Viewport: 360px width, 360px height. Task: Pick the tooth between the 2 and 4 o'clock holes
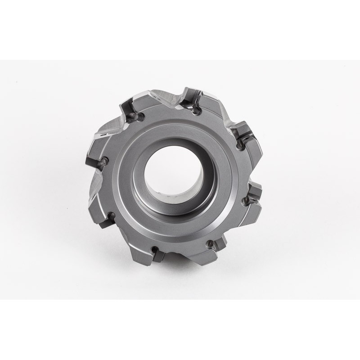pyautogui.click(x=252, y=173)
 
